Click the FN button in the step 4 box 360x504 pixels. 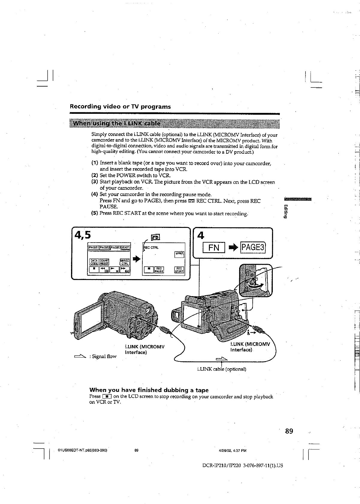pyautogui.click(x=214, y=248)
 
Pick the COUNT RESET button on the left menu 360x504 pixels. pyautogui.click(x=104, y=262)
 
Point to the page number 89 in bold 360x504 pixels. pyautogui.click(x=289, y=431)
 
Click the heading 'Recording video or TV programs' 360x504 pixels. pyautogui.click(x=120, y=107)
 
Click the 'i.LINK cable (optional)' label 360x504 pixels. pyautogui.click(x=222, y=369)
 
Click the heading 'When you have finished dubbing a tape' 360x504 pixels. pyautogui.click(x=149, y=390)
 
